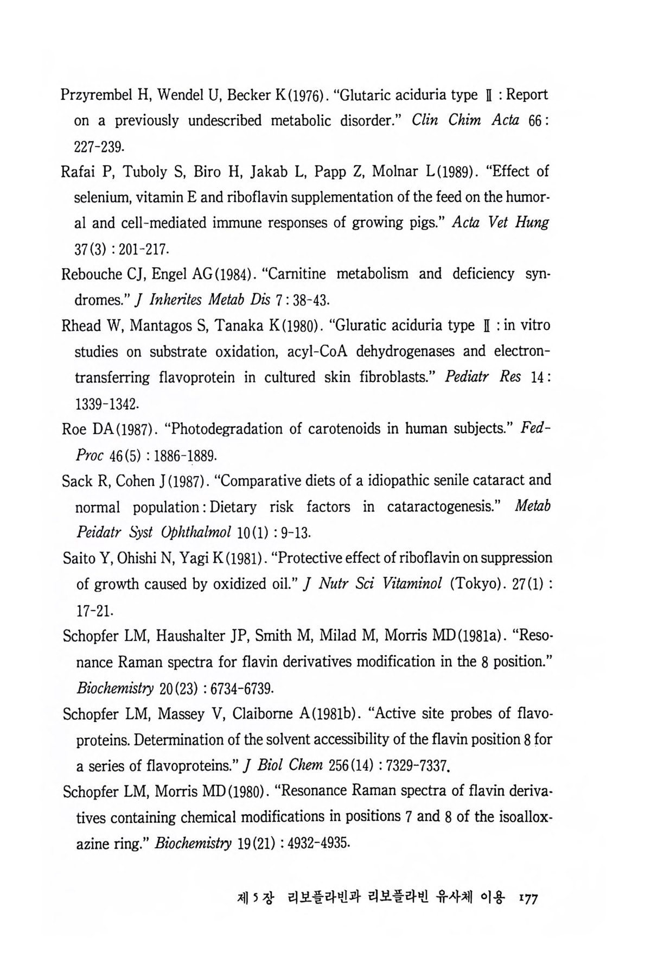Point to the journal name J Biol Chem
[284, 766]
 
